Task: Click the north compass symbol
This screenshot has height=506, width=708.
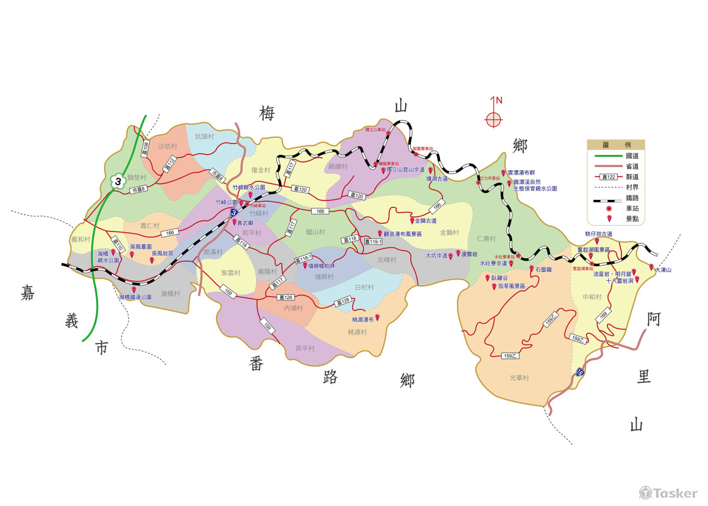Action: [494, 118]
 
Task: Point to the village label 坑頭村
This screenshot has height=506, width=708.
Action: [205, 136]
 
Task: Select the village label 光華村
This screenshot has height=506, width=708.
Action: [519, 378]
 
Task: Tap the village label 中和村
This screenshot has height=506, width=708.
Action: [592, 297]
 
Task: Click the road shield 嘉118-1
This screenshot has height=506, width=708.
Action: [303, 259]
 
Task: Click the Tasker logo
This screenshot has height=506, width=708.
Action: [669, 492]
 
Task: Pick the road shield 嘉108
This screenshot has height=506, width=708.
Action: [146, 150]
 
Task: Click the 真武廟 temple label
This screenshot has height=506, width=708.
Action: [245, 223]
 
